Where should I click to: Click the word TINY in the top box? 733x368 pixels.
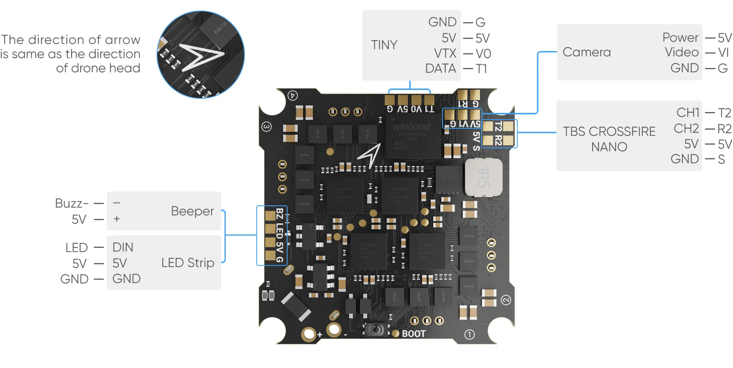tap(384, 45)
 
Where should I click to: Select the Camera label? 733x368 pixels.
tap(586, 52)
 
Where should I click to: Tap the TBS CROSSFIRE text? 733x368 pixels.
tap(609, 131)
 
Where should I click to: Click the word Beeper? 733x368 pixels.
tap(192, 211)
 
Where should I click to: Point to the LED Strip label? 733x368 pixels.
tap(188, 263)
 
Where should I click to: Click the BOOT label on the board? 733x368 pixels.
tap(414, 334)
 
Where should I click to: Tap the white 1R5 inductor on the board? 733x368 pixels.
tap(483, 177)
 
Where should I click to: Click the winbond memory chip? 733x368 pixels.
tap(412, 137)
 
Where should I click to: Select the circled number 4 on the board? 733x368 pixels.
tap(292, 95)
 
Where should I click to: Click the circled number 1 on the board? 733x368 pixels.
tap(469, 334)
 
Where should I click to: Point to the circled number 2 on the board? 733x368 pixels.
tap(506, 300)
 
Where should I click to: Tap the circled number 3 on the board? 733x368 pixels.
tap(267, 126)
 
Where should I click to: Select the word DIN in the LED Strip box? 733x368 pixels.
tap(123, 247)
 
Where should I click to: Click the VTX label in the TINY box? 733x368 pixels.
tap(445, 54)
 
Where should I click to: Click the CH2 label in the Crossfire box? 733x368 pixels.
tap(686, 128)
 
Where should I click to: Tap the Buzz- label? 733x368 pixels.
tap(71, 203)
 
